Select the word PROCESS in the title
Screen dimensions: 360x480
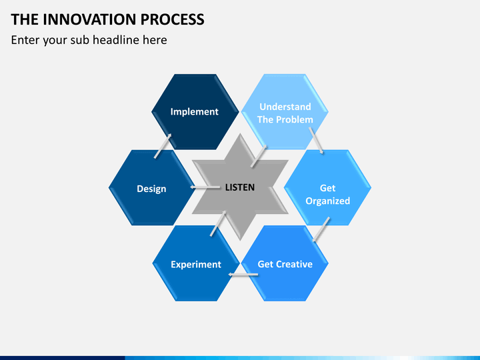point(173,19)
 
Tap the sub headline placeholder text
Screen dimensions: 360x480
point(89,40)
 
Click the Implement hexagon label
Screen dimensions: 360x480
point(194,111)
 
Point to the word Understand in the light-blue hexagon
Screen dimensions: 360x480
point(285,107)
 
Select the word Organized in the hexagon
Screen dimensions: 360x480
point(327,201)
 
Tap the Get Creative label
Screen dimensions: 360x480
point(285,264)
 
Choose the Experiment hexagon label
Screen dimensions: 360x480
point(195,264)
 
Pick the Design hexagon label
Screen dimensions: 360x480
point(151,189)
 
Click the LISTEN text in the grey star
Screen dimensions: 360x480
point(239,187)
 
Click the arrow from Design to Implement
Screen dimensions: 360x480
point(163,145)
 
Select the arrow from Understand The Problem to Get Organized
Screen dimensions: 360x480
point(317,143)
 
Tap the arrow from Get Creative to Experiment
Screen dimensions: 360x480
point(243,274)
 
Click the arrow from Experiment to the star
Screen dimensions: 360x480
point(219,223)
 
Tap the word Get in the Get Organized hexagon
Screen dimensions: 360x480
point(327,188)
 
